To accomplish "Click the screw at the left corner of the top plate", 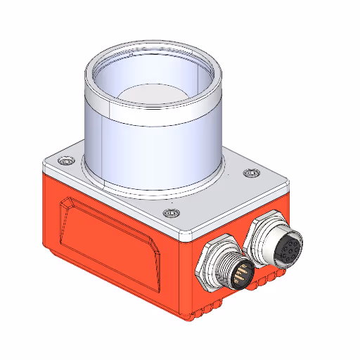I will pos(67,162).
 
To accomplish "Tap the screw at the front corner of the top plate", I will pos(167,214).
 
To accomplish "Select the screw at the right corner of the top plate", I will pos(249,173).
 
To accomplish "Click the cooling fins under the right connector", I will pos(270,281).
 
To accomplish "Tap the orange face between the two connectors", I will pos(243,239).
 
